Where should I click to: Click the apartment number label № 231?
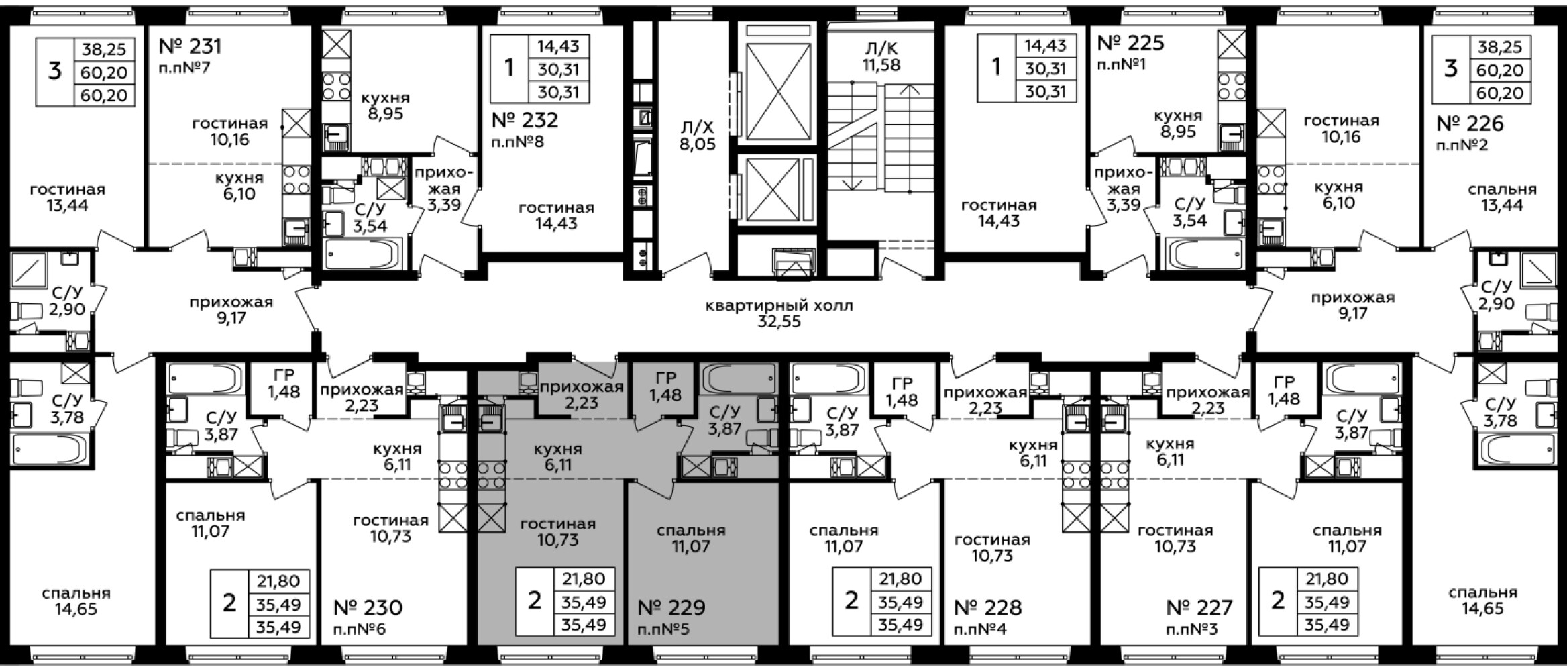[x=190, y=46]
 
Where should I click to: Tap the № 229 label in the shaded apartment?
[x=671, y=608]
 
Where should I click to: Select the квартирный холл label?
[x=779, y=306]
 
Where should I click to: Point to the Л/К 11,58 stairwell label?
[x=881, y=57]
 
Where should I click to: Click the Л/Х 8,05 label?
[x=698, y=136]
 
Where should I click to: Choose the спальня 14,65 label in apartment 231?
[x=76, y=601]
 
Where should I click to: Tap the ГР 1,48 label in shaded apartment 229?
[x=665, y=386]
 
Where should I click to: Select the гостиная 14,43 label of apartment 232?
[x=556, y=216]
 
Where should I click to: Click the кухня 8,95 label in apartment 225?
[x=1178, y=123]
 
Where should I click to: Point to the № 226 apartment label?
[x=1470, y=123]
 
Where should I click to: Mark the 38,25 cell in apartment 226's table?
[x=1502, y=47]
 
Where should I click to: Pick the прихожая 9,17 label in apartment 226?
[x=1353, y=305]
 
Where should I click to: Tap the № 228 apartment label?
[x=988, y=608]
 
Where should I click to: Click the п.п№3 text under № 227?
[x=1192, y=630]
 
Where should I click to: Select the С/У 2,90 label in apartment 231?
[x=66, y=301]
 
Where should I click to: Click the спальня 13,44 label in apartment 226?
[x=1502, y=197]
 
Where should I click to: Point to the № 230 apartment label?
[x=368, y=608]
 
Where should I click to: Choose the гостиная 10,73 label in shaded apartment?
[x=557, y=532]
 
